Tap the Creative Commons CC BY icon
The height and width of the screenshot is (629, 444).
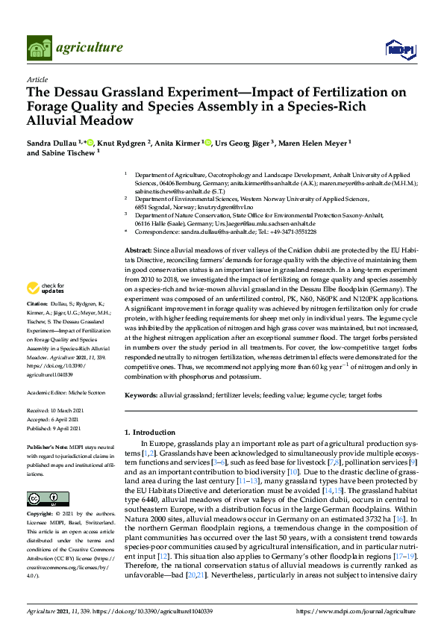point(43,498)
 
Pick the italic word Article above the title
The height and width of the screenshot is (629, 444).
point(37,79)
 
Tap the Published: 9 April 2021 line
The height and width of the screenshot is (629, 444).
point(56,429)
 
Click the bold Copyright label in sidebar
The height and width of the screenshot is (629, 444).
point(41,515)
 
